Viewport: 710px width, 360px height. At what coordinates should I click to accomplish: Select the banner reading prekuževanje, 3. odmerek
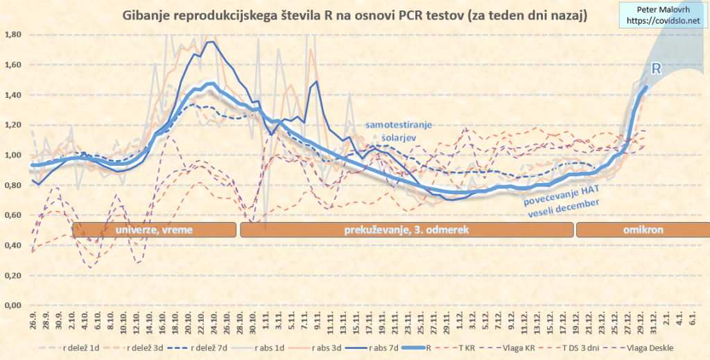pyautogui.click(x=407, y=230)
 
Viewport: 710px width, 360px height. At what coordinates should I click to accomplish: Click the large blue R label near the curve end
pyautogui.click(x=655, y=69)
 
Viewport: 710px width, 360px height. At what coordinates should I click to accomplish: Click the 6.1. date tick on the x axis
pyautogui.click(x=691, y=320)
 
